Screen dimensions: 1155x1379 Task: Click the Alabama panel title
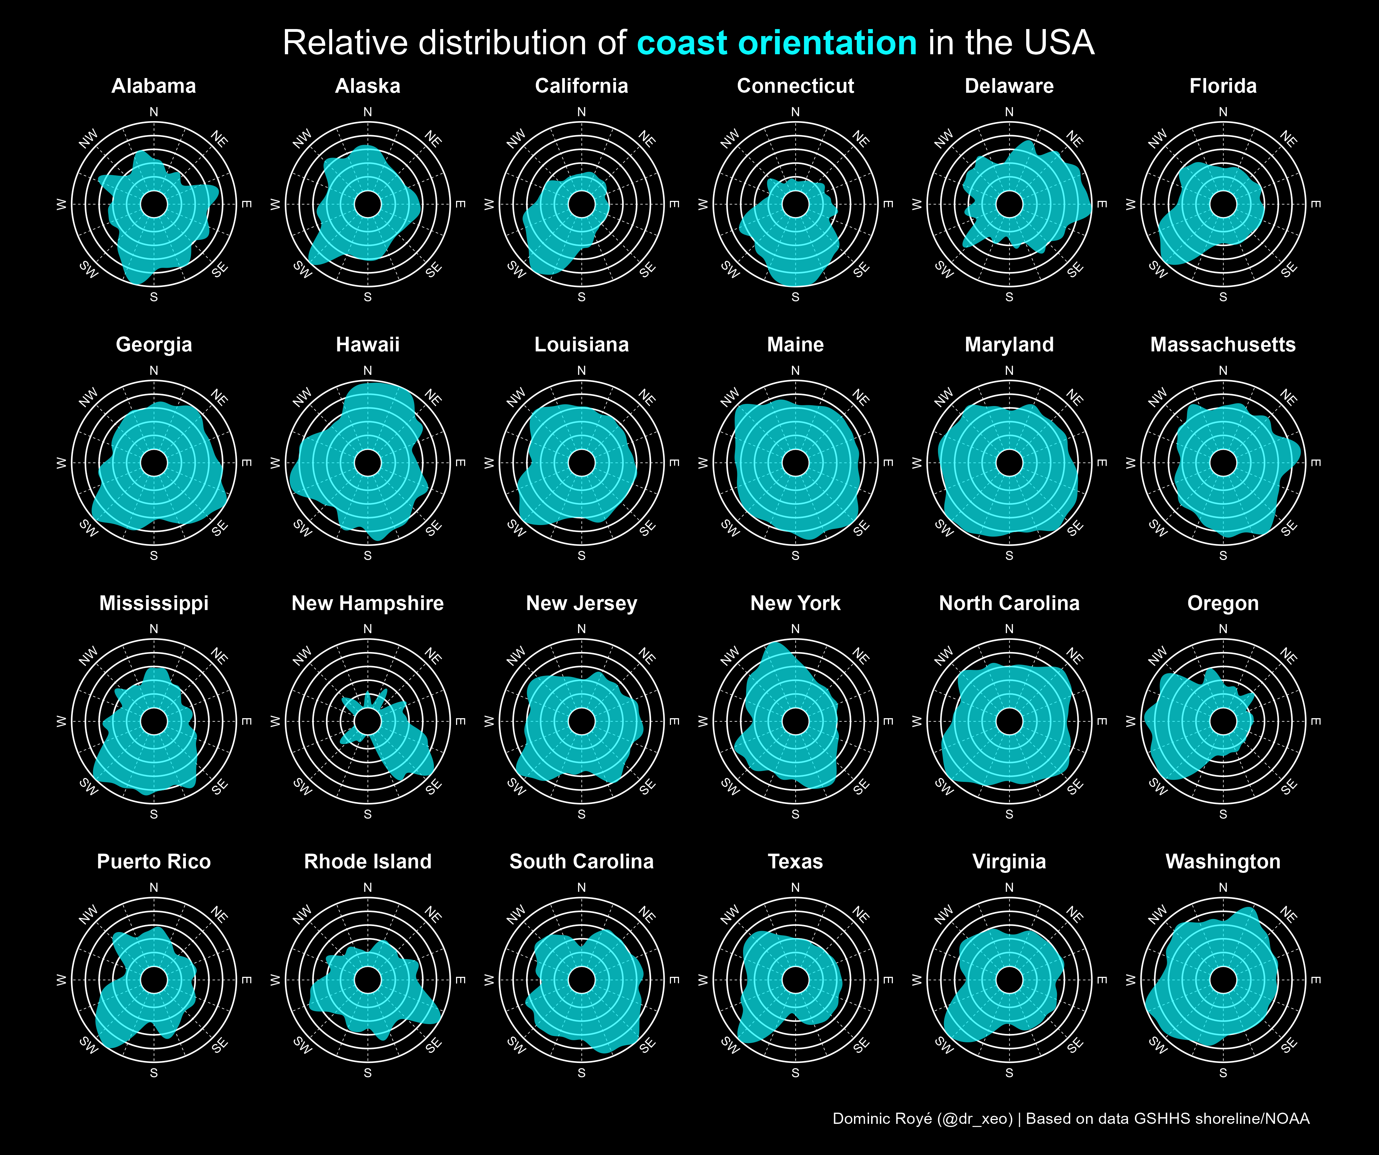click(154, 86)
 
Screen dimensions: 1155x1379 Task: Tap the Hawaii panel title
click(368, 345)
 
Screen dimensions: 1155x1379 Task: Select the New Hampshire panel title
click(368, 603)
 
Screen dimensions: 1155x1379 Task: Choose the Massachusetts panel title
click(1223, 345)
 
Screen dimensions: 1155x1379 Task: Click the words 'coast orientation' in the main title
click(777, 43)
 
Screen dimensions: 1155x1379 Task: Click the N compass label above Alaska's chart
click(368, 112)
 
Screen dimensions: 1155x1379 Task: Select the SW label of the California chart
click(516, 269)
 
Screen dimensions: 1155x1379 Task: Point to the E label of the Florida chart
click(1315, 204)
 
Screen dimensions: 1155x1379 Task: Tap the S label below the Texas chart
click(795, 1073)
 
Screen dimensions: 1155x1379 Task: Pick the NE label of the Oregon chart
click(1288, 656)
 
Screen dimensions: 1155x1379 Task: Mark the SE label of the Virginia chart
click(1074, 1045)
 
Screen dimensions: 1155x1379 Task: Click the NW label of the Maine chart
click(729, 397)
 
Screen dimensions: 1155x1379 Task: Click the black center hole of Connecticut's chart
click(795, 204)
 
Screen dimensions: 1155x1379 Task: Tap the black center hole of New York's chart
click(795, 721)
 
